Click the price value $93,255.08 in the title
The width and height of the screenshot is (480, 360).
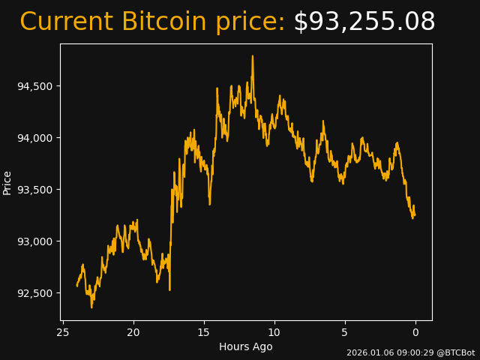364,22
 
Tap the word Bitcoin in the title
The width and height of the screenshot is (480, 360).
163,22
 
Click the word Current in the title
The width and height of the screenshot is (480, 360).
66,22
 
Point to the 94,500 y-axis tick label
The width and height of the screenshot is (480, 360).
34,86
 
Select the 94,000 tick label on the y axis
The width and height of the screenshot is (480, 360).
34,138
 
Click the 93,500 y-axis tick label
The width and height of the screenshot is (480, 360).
34,190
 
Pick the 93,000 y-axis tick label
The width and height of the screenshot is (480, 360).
34,241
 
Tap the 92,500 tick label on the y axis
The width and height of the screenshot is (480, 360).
34,293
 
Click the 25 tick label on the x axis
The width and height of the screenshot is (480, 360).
63,332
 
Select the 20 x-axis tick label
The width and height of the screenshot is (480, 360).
133,332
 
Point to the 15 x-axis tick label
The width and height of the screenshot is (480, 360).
204,332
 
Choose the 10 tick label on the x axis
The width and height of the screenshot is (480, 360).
274,332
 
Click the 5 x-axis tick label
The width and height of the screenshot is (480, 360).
345,332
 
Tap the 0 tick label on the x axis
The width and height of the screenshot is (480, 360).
415,332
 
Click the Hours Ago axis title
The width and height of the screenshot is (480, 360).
246,346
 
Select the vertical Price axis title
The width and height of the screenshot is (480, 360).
7,182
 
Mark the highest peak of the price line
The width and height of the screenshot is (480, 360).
253,56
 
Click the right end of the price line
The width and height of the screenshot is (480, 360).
414,215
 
